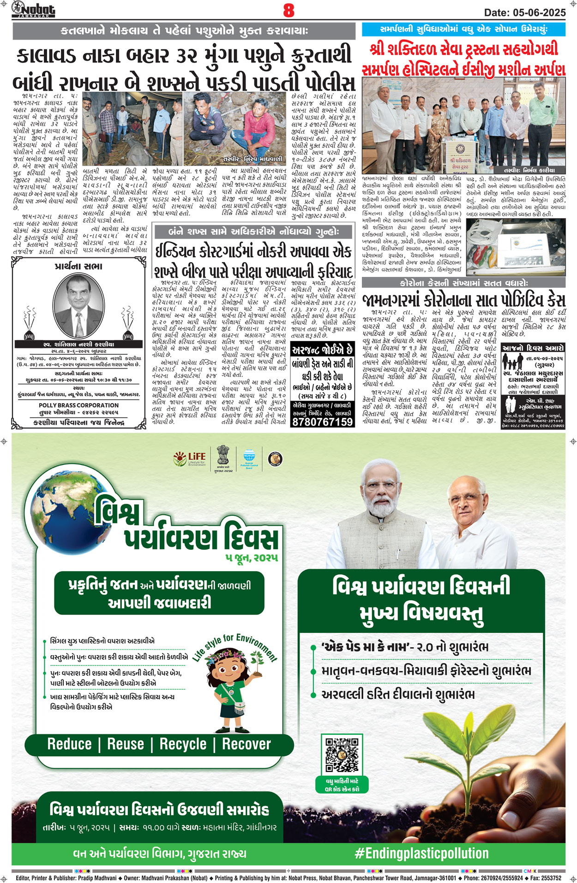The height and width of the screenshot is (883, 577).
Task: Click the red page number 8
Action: tap(288, 10)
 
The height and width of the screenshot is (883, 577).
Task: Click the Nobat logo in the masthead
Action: tap(34, 9)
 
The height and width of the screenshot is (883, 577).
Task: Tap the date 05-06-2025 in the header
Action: tap(525, 12)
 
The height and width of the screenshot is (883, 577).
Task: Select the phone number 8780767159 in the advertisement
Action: tap(322, 422)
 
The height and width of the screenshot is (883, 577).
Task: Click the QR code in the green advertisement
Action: tap(342, 755)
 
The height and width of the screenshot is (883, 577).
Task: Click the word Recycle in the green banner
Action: tap(183, 744)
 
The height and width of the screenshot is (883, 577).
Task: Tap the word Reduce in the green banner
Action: tap(69, 744)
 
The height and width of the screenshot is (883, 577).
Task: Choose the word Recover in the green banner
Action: tap(246, 744)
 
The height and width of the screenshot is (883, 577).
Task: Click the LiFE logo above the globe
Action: tap(189, 459)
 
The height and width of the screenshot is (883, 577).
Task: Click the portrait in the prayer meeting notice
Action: tap(78, 305)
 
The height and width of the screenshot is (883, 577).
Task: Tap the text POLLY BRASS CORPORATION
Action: tap(78, 405)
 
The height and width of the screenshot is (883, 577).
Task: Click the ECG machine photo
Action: tap(516, 247)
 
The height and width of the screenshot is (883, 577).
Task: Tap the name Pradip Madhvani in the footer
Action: tap(97, 878)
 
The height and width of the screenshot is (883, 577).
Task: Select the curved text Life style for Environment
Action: tap(235, 647)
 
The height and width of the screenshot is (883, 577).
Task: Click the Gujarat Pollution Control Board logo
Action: tap(249, 459)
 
